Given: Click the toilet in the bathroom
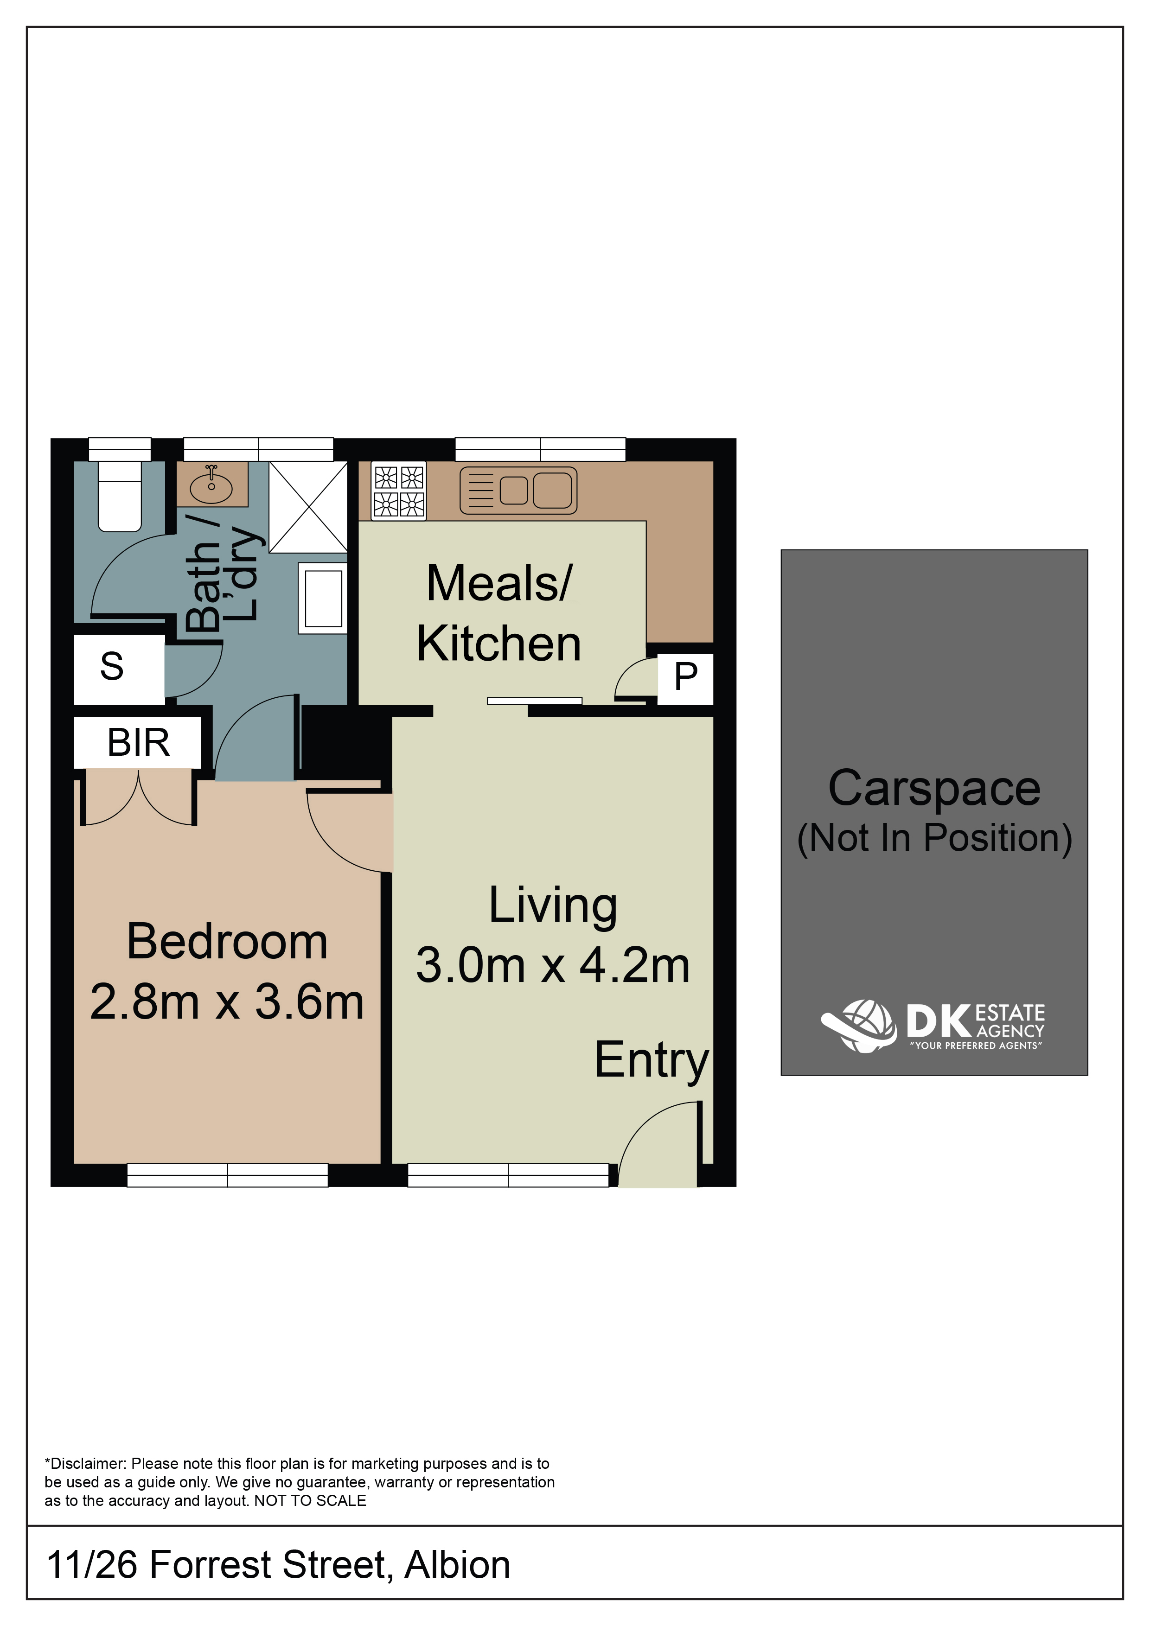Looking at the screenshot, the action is (x=120, y=496).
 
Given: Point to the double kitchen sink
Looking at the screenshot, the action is (x=518, y=490).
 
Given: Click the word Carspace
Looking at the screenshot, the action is (x=934, y=789).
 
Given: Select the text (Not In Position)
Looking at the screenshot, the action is (x=934, y=838).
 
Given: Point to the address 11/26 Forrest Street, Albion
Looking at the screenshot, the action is (x=278, y=1565).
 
